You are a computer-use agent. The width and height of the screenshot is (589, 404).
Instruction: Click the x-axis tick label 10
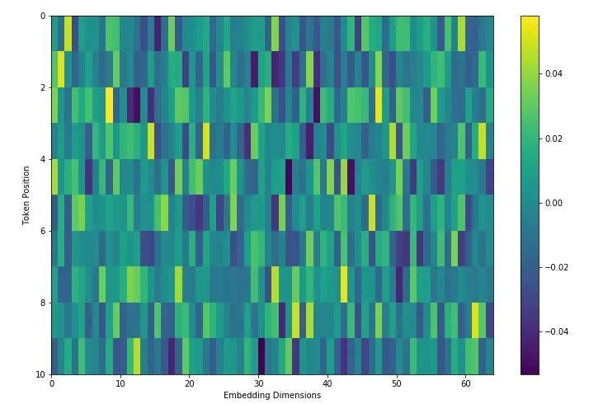pos(120,383)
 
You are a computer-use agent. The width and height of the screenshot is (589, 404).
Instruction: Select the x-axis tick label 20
pos(190,383)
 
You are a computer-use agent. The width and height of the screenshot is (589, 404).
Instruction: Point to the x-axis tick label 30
pos(259,383)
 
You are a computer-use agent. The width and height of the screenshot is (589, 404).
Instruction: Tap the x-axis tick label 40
pos(327,383)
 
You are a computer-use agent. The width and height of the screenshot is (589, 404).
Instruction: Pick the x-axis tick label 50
pos(397,383)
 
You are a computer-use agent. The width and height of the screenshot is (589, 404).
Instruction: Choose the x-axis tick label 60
pos(466,383)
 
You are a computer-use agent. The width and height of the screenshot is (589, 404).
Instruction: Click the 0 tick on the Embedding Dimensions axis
pos(52,383)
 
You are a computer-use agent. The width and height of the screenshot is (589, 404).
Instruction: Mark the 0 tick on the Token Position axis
pos(42,16)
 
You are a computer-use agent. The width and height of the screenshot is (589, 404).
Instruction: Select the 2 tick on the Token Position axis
pos(42,87)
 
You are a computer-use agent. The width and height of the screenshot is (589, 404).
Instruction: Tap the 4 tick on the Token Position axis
pos(42,159)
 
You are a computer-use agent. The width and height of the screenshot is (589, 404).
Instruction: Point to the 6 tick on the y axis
pos(42,231)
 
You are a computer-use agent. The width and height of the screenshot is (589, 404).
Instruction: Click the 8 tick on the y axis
pos(42,303)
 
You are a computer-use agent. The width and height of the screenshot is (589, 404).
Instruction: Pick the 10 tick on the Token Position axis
pos(40,374)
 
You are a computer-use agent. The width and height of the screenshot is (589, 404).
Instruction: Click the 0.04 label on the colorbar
pos(554,74)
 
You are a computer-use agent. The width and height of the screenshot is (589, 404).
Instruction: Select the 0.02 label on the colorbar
pos(554,139)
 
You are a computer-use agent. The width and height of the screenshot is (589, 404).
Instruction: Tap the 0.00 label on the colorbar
pos(554,203)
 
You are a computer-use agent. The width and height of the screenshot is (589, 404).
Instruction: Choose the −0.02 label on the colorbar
pos(557,267)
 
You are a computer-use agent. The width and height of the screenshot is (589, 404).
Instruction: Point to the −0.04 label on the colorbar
pos(557,331)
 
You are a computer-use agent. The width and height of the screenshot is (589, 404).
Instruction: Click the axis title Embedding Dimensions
pos(272,396)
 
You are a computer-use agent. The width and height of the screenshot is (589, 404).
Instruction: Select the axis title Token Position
pos(26,195)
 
